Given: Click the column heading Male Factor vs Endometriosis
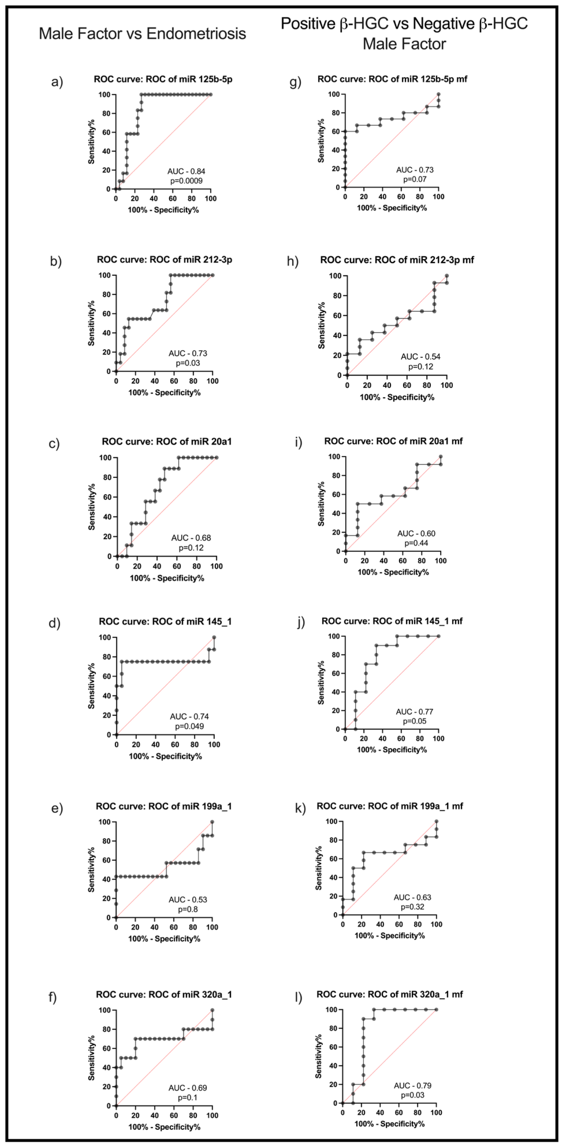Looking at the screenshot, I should [142, 34].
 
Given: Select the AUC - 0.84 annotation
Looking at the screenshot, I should [186, 171].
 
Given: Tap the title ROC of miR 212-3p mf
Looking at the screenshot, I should [397, 260].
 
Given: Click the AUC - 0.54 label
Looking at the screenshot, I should [420, 357].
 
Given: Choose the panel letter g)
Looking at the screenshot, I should [295, 82].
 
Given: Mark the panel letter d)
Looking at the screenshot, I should [54, 623].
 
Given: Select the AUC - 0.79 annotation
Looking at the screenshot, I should [413, 1086].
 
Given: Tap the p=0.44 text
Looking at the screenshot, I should [416, 543].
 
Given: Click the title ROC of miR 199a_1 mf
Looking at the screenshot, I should [390, 806].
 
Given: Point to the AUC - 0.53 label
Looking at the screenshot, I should [188, 900].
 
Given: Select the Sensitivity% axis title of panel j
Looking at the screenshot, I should [321, 682].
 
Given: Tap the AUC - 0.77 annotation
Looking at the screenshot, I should [414, 712].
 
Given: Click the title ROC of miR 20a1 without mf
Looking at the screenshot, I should [166, 442].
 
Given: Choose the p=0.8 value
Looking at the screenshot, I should [188, 909].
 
